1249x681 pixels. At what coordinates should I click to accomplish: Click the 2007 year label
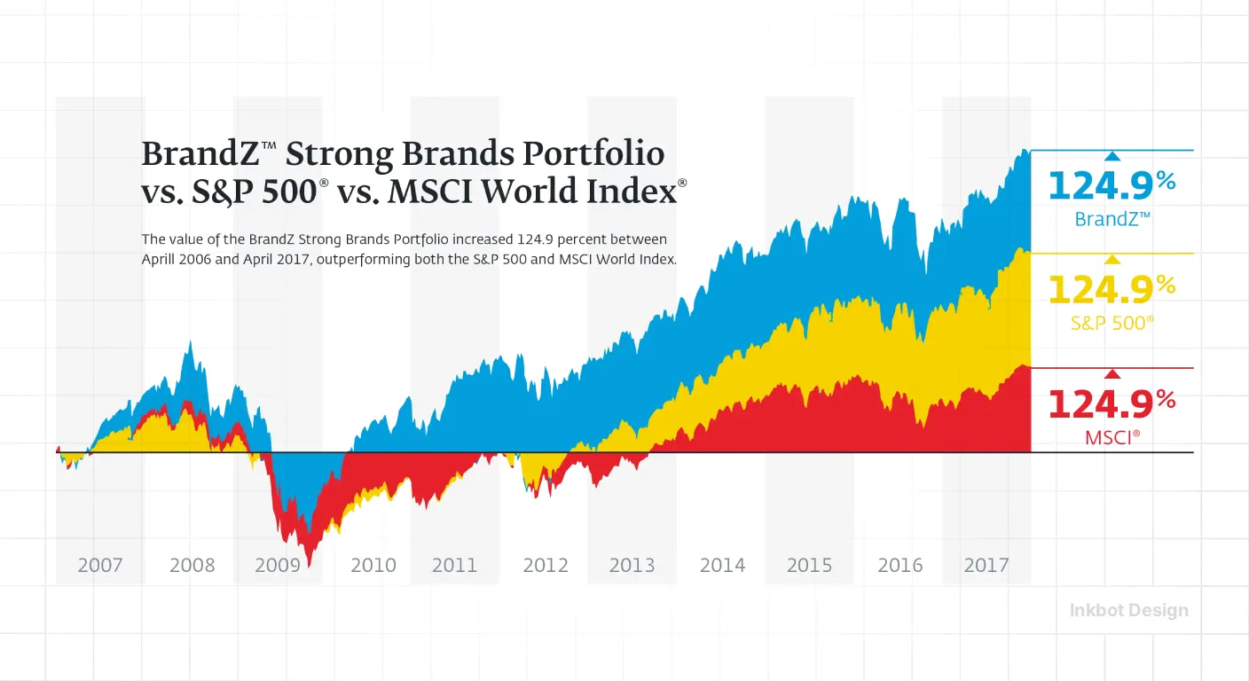point(100,565)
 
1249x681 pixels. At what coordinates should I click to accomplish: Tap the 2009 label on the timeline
point(278,565)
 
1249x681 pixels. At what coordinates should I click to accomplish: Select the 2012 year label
point(546,565)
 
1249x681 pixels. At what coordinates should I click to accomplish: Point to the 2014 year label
point(723,565)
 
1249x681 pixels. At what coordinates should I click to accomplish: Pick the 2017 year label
point(986,565)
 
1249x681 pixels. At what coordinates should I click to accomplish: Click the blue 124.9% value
point(1112,185)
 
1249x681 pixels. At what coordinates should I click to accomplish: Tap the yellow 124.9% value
point(1112,290)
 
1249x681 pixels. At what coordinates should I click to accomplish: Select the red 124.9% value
point(1112,404)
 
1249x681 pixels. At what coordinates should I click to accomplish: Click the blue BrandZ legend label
point(1112,219)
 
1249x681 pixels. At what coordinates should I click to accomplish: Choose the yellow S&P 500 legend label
point(1112,324)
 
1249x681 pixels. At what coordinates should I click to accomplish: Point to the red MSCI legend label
point(1112,437)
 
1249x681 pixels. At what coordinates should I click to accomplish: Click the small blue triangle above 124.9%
point(1112,156)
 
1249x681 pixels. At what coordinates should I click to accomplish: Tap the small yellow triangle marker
point(1112,259)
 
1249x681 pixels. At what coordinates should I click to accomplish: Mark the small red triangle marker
point(1112,374)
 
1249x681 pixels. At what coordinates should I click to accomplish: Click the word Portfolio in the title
point(593,153)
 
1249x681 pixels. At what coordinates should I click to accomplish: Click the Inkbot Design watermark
point(1128,610)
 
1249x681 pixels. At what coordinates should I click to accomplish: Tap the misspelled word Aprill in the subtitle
point(159,260)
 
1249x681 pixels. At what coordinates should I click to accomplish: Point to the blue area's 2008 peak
point(191,341)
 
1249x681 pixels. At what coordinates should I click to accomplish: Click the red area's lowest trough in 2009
point(310,565)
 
